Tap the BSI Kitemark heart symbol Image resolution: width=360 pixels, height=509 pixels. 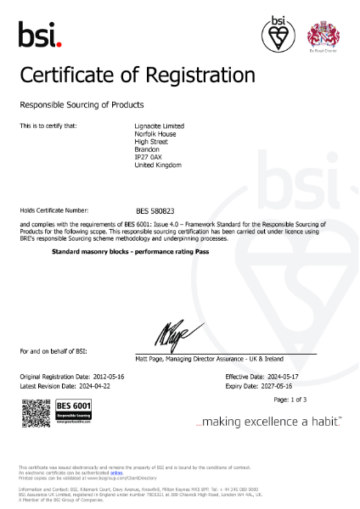point(278,35)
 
